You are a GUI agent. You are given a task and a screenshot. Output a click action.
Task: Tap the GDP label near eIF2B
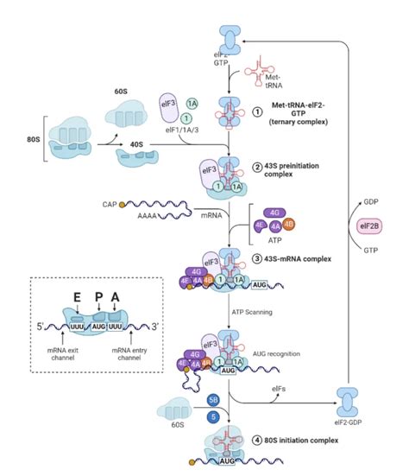pos(374,196)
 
